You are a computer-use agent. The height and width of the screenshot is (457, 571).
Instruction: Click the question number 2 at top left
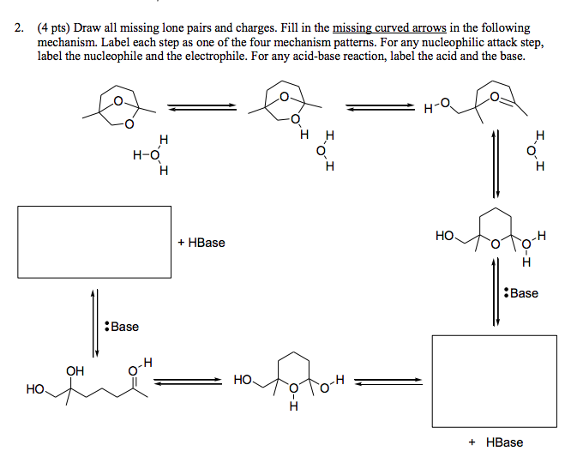[x=18, y=28]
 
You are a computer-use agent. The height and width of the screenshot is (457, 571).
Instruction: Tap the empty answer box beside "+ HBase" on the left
[x=94, y=242]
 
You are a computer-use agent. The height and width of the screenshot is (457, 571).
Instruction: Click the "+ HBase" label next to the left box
[x=201, y=243]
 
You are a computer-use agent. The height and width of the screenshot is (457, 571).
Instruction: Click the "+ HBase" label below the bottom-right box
[x=496, y=442]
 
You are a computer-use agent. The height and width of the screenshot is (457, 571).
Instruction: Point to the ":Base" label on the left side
[x=120, y=327]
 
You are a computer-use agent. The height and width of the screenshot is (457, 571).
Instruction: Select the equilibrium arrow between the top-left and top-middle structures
[x=201, y=107]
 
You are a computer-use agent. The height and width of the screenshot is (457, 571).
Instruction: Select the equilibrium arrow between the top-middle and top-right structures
[x=377, y=107]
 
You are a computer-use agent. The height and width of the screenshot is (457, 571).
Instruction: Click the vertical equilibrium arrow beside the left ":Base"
[x=94, y=319]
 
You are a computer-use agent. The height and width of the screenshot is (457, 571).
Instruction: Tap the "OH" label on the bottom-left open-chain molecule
[x=75, y=371]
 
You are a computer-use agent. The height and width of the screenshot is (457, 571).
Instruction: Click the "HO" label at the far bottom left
[x=35, y=389]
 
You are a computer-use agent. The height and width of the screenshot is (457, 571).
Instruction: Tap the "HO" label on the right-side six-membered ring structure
[x=444, y=234]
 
